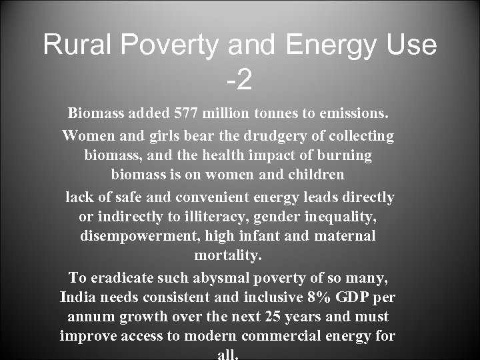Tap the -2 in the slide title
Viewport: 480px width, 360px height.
pyautogui.click(x=239, y=81)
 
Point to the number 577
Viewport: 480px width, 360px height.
pyautogui.click(x=188, y=114)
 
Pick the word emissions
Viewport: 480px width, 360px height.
pyautogui.click(x=355, y=114)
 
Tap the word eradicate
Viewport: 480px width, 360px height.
pyautogui.click(x=120, y=277)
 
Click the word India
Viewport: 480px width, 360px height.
pyautogui.click(x=77, y=297)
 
